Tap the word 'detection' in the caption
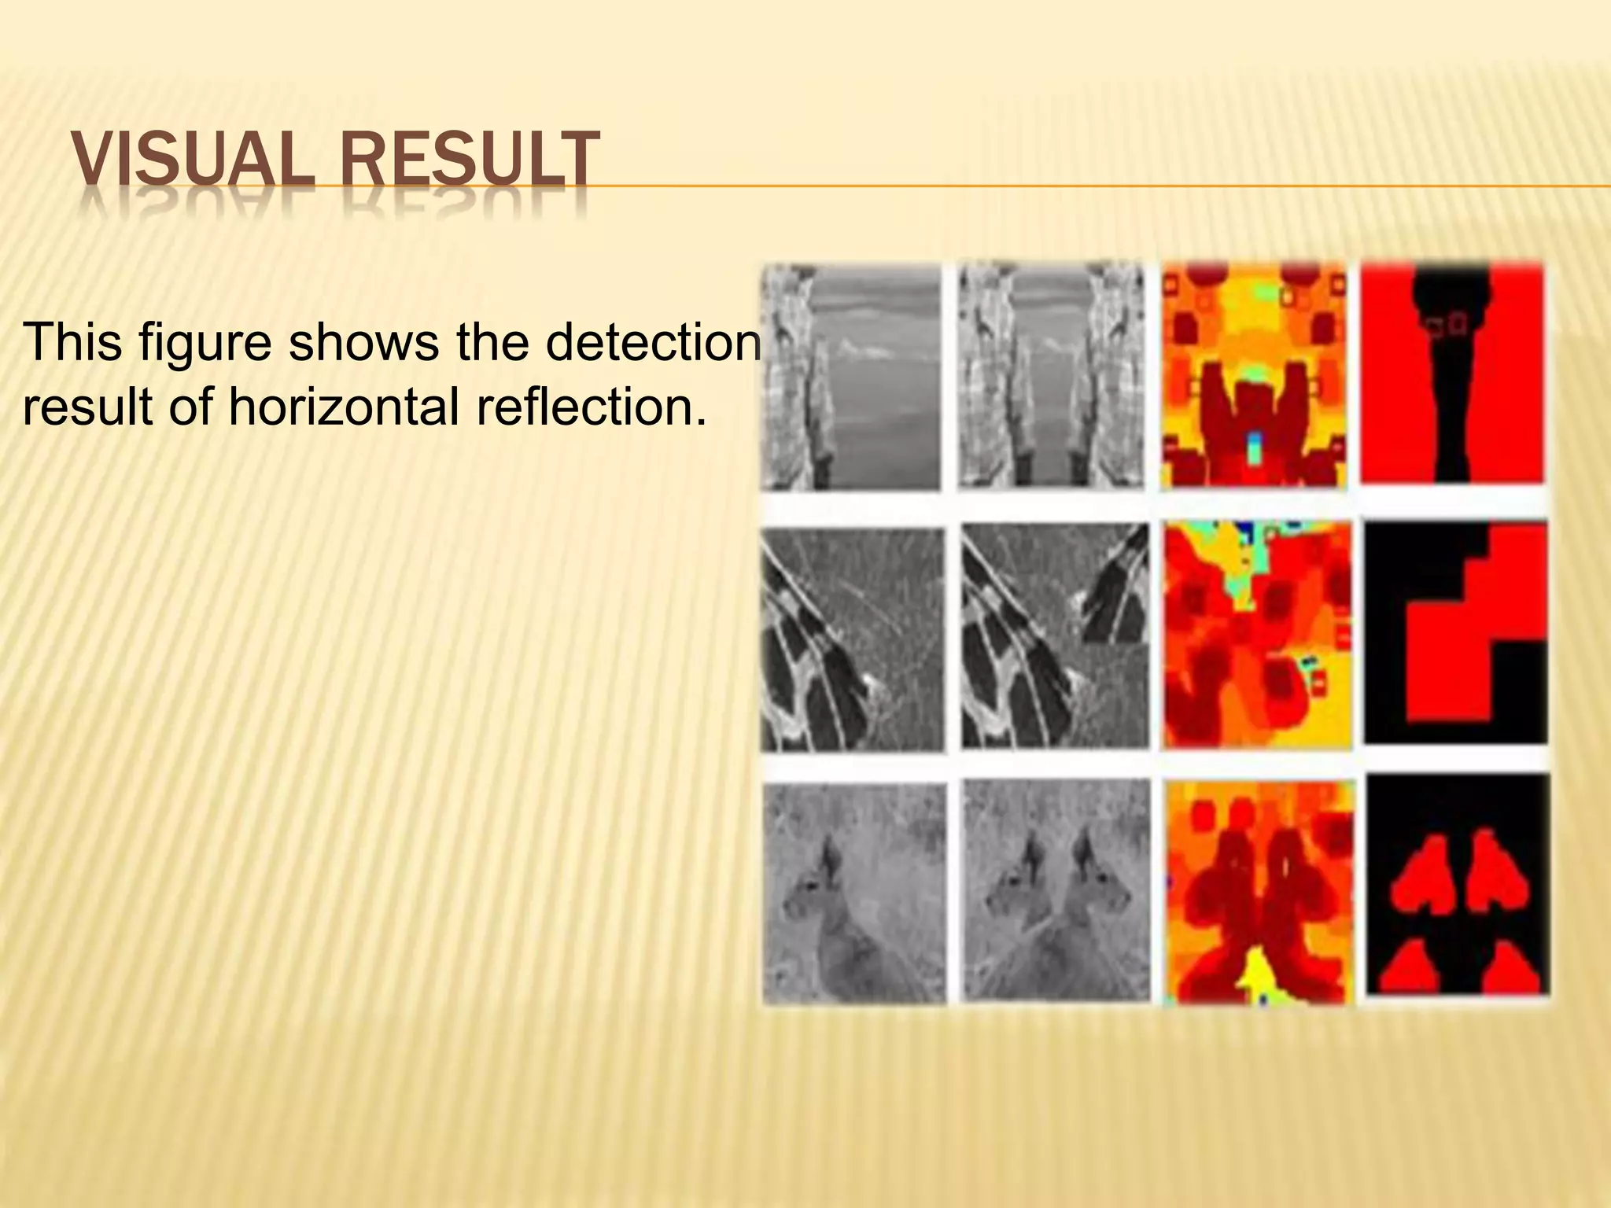pos(654,343)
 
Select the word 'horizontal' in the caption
pos(347,407)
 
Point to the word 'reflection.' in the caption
pos(591,407)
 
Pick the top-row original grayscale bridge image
pos(851,377)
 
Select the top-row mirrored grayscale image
pos(1052,377)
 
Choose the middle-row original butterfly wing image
pos(853,639)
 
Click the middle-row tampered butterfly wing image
pos(1054,637)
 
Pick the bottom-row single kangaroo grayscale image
pos(854,893)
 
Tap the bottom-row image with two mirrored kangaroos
pos(1056,892)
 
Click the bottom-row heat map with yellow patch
pos(1259,892)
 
